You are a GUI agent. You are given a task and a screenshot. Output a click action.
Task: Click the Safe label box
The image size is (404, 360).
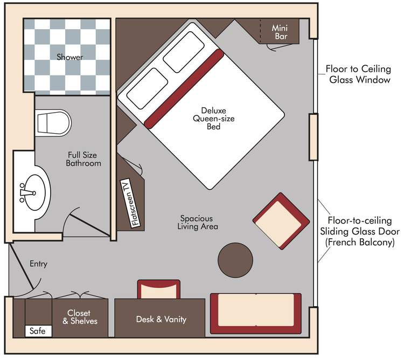click(x=38, y=330)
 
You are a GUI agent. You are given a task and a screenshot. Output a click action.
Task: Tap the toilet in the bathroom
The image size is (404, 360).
click(x=53, y=123)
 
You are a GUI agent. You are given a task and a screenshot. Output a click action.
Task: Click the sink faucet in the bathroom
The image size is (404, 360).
click(x=27, y=192)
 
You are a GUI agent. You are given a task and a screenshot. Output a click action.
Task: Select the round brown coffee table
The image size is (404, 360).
click(x=235, y=260)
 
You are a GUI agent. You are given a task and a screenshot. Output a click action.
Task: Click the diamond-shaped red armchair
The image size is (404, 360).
click(x=281, y=221)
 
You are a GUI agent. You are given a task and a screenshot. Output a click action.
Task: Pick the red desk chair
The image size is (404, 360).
click(x=159, y=289)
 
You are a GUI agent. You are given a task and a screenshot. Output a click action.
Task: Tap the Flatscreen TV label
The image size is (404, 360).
click(x=130, y=203)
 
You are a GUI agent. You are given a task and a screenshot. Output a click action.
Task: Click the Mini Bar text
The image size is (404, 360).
click(x=280, y=32)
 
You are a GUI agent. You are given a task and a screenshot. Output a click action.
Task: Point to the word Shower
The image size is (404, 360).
click(x=69, y=57)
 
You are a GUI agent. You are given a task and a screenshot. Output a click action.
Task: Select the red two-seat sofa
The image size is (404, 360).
click(x=256, y=314)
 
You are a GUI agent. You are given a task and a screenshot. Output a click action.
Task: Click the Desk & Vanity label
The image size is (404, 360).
click(x=161, y=319)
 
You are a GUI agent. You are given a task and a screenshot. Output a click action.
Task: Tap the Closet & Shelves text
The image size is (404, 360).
click(x=80, y=317)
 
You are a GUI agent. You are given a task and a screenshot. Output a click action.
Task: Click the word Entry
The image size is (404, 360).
click(x=38, y=264)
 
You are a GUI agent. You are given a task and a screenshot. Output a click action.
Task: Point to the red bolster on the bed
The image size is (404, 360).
click(x=184, y=88)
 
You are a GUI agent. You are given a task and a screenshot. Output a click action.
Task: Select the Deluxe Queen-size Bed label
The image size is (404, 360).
click(x=214, y=118)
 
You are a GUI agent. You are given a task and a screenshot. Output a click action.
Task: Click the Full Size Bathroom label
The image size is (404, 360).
click(x=83, y=159)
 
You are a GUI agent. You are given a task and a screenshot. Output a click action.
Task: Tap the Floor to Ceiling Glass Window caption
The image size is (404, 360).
click(x=358, y=74)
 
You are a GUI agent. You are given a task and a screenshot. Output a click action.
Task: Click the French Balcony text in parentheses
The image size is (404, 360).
click(x=360, y=242)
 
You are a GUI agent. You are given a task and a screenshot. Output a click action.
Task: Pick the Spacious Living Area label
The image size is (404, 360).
click(x=198, y=223)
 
